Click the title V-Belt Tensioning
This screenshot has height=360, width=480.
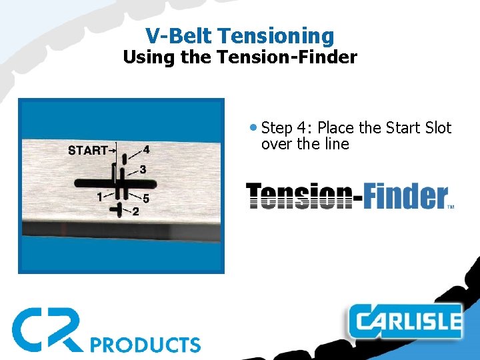click(239, 35)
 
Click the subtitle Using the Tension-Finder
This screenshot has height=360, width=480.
click(239, 57)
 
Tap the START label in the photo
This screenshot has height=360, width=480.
click(87, 151)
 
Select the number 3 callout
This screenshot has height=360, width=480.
click(143, 169)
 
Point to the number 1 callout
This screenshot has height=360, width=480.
click(99, 197)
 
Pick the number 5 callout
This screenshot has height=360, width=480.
click(146, 199)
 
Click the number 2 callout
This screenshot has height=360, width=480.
click(135, 212)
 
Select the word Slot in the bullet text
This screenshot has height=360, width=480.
click(437, 128)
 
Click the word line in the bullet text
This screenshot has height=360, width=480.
click(335, 144)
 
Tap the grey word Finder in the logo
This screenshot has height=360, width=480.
click(405, 196)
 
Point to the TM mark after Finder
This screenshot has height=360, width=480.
click(451, 207)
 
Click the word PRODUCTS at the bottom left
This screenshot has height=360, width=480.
click(145, 345)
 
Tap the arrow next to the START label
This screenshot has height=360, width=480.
click(114, 151)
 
